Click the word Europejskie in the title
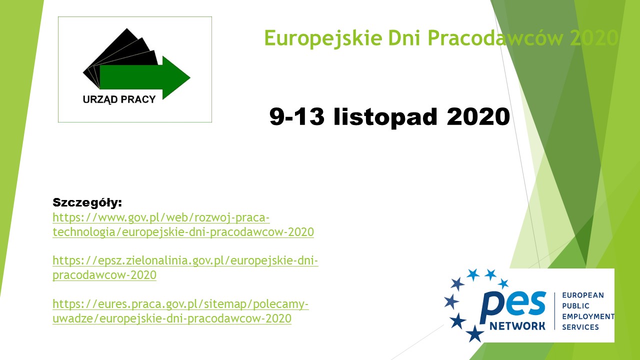(x=323, y=38)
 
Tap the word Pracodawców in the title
(x=495, y=37)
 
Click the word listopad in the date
(x=385, y=117)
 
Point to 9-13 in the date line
(x=297, y=116)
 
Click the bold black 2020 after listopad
(x=478, y=116)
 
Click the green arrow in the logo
(x=145, y=77)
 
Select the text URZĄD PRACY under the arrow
(x=119, y=99)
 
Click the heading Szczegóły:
(x=87, y=203)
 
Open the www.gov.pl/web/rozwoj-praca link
(x=183, y=225)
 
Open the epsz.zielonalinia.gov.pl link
(x=185, y=267)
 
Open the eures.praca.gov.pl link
(x=180, y=311)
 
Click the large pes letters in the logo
(x=513, y=307)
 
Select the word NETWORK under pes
(x=517, y=326)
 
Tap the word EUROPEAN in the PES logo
(x=583, y=295)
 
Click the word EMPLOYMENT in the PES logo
(x=588, y=316)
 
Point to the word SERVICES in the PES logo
(x=580, y=327)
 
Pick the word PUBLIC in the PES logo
(x=575, y=306)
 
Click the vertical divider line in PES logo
(x=554, y=311)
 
